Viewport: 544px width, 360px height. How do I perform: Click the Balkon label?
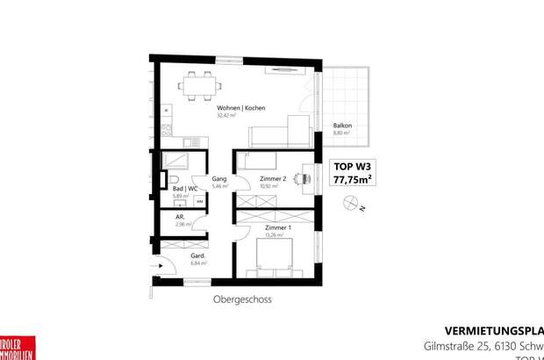point(342,126)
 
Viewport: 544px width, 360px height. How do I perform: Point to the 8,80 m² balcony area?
point(342,133)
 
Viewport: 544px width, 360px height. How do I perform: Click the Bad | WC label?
point(183,188)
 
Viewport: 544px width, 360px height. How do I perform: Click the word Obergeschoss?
point(242,299)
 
